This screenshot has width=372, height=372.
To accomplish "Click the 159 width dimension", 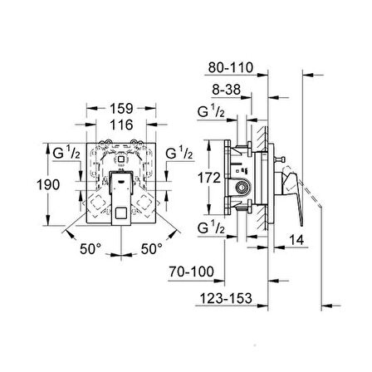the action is click(x=121, y=109).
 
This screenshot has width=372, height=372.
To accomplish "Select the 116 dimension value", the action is click(x=121, y=125).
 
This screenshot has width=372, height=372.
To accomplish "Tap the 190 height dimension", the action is click(x=48, y=184).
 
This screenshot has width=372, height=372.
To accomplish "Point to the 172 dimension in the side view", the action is click(x=209, y=178).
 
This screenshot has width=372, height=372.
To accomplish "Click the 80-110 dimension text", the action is click(x=231, y=67).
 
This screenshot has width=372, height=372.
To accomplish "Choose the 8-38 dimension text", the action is click(x=227, y=90).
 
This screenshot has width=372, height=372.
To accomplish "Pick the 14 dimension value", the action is click(x=296, y=240).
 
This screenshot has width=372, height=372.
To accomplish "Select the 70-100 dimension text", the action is click(x=192, y=272).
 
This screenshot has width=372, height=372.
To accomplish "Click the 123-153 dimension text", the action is click(x=226, y=298).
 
